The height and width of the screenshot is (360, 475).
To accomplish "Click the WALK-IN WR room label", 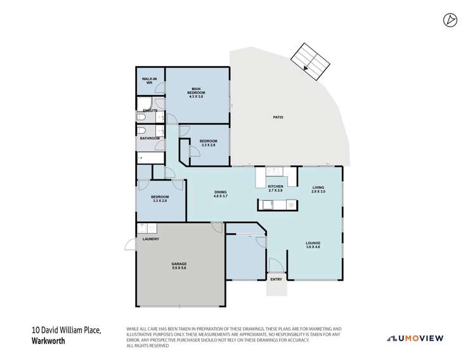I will [x=150, y=81].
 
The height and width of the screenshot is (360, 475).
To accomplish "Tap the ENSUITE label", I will [x=150, y=111].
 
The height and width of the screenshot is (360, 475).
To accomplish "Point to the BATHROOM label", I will [x=150, y=138].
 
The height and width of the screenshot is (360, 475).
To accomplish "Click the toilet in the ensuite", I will [x=142, y=117].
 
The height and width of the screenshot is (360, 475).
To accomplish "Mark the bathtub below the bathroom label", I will [x=150, y=155].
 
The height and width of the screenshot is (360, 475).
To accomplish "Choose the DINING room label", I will [x=220, y=194].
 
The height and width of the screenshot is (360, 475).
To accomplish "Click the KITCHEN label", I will [x=275, y=188].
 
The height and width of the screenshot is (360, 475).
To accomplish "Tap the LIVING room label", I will [x=318, y=189].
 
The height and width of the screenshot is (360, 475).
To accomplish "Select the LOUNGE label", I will [x=313, y=244].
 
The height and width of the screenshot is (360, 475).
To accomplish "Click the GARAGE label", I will [x=179, y=266].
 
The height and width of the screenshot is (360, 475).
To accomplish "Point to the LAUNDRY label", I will [x=150, y=239].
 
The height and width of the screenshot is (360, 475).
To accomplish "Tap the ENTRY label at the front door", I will [x=276, y=280].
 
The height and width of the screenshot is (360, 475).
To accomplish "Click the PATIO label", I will [x=278, y=118].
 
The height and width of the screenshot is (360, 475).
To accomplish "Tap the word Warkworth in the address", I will [x=49, y=340].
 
